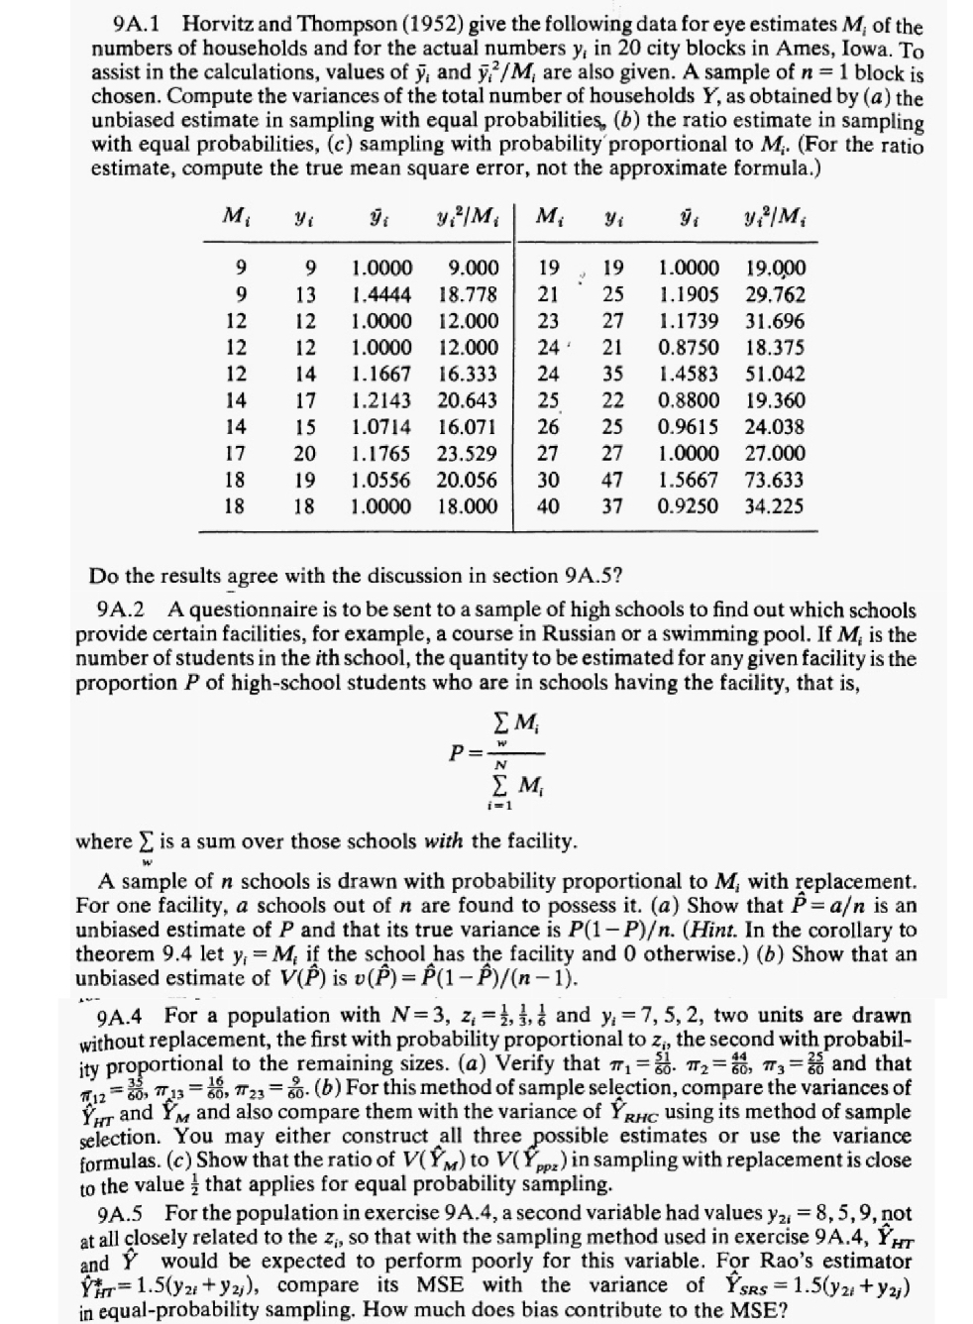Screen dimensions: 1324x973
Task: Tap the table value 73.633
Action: (x=775, y=480)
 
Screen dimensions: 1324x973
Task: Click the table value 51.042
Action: (x=775, y=374)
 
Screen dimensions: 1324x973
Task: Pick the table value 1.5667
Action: (x=690, y=480)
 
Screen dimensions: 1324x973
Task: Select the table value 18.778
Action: (x=469, y=294)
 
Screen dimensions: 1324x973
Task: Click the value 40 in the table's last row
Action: (x=548, y=506)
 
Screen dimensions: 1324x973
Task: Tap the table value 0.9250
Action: (x=690, y=506)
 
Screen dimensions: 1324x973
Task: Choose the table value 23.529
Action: (x=469, y=453)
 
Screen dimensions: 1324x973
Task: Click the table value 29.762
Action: (x=775, y=294)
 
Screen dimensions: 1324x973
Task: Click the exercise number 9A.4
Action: (x=126, y=1016)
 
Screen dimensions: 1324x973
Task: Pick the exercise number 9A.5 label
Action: (x=126, y=1214)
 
